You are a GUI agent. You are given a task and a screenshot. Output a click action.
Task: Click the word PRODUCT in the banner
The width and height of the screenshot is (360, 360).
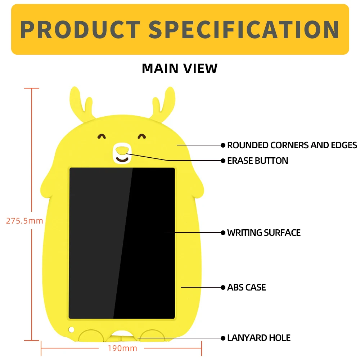(80, 30)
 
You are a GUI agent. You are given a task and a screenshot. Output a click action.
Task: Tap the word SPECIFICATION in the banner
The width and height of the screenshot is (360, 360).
(244, 30)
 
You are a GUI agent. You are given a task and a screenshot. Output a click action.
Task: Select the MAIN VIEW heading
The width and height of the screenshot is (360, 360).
(180, 68)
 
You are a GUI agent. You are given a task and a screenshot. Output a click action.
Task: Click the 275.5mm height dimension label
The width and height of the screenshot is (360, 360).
(24, 221)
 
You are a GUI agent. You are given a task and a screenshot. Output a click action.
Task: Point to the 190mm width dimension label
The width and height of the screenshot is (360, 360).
(122, 348)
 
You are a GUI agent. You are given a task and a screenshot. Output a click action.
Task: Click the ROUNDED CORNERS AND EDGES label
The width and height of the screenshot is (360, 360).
(292, 145)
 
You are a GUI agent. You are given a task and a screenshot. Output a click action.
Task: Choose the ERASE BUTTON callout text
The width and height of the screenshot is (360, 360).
(258, 161)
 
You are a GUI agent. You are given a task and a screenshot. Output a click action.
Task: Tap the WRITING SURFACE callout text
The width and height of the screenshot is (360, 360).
(264, 233)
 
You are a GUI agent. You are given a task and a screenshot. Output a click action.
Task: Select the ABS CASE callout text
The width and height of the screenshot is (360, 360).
(247, 287)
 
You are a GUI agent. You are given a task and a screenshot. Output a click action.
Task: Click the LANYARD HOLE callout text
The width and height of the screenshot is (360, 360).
(259, 338)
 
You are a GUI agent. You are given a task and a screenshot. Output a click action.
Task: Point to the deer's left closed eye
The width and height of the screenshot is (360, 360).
(102, 136)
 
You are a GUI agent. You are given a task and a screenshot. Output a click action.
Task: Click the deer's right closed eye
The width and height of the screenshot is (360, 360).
(142, 136)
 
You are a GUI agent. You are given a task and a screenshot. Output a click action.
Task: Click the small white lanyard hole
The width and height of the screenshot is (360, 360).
(71, 329)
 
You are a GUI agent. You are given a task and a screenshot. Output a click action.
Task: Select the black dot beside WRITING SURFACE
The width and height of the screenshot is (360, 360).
(223, 233)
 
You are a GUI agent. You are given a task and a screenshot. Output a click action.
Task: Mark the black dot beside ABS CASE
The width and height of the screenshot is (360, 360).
(223, 287)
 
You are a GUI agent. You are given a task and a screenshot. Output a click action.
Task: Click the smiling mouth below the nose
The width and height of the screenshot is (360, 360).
(122, 159)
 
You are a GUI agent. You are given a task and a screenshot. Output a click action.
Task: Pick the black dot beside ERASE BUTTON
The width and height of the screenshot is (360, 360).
(223, 161)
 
